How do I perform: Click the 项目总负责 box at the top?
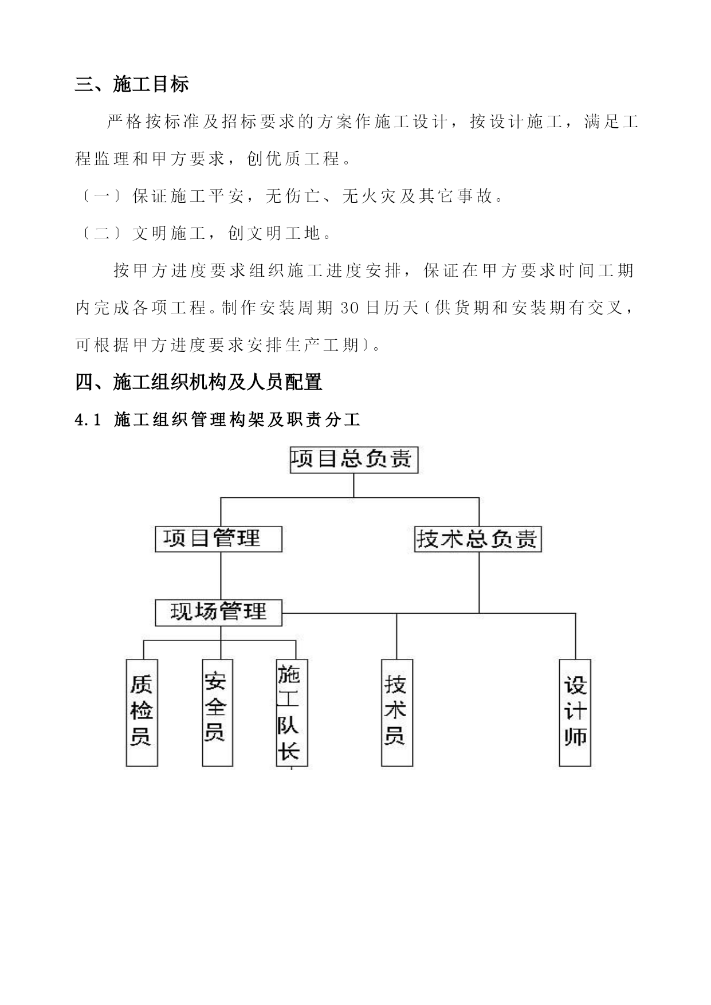354,460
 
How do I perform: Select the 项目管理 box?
218,539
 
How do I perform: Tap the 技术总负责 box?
478,539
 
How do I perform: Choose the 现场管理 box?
218,613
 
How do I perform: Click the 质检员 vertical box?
142,713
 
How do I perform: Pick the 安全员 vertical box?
217,713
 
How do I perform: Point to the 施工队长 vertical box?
292,713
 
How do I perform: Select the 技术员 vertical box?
397,713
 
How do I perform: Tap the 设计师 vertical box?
575,713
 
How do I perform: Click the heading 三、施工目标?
132,85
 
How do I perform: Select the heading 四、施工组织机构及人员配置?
199,382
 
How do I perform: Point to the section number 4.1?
88,421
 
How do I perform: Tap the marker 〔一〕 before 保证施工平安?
101,197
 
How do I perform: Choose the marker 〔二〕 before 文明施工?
101,233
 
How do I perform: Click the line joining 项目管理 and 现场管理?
221,576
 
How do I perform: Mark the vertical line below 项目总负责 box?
354,485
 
